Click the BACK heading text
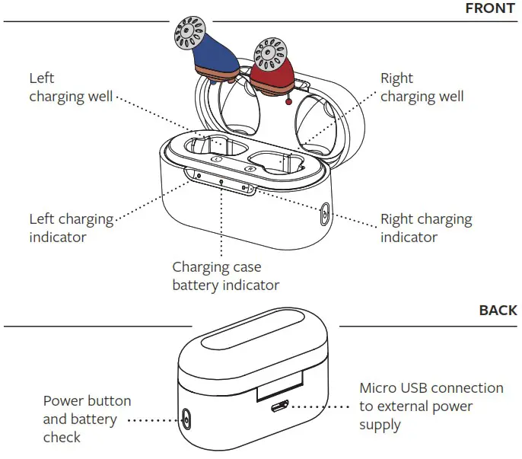pyautogui.click(x=498, y=311)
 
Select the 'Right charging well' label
pyautogui.click(x=422, y=88)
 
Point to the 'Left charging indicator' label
pyautogui.click(x=71, y=228)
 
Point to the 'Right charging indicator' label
pyautogui.click(x=426, y=228)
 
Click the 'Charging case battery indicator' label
pyautogui.click(x=225, y=276)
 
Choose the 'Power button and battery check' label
pyautogui.click(x=87, y=419)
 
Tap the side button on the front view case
pyautogui.click(x=326, y=215)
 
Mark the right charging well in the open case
pyautogui.click(x=279, y=162)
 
